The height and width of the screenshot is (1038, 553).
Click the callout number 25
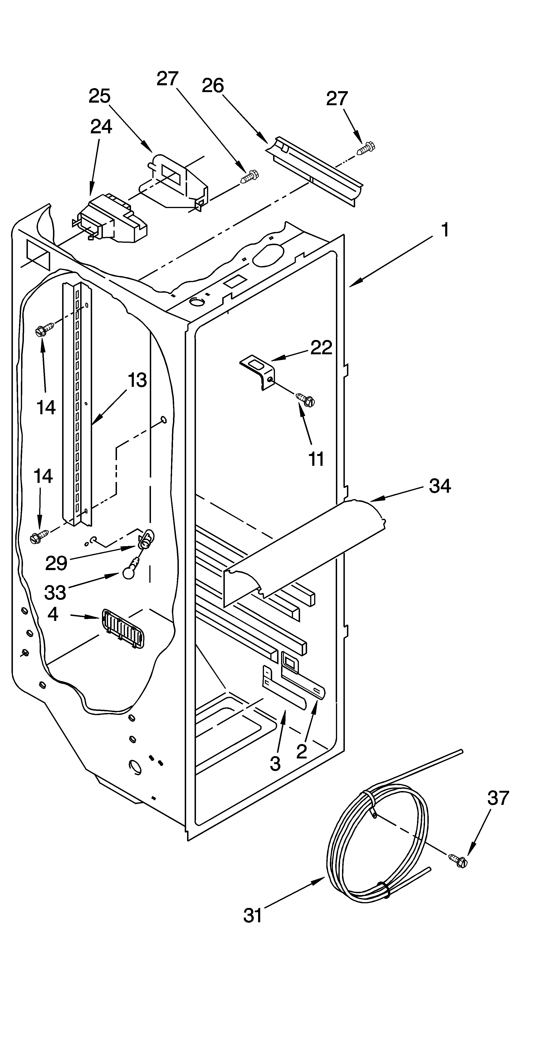[x=100, y=97]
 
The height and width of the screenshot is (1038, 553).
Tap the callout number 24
[x=101, y=127]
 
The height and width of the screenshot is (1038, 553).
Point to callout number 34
[x=440, y=486]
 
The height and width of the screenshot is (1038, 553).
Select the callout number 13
[x=137, y=380]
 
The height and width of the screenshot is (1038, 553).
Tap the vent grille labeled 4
[x=123, y=629]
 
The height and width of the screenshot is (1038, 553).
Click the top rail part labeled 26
[x=314, y=169]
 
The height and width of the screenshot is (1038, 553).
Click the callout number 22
[x=321, y=348]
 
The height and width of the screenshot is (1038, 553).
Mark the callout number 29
[x=56, y=563]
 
